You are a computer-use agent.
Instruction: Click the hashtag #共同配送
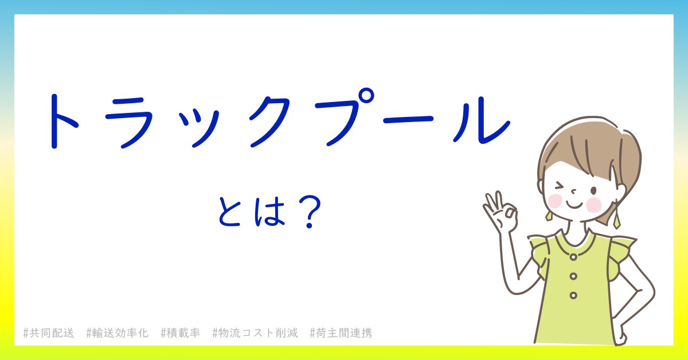[49, 333]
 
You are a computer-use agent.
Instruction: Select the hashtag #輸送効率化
[118, 333]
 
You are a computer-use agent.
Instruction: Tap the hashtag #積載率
[180, 333]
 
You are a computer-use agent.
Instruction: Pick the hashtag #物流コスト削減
[255, 333]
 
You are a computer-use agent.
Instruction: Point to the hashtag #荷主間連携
[341, 333]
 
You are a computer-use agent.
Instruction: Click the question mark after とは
[310, 212]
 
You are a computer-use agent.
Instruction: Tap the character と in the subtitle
[229, 212]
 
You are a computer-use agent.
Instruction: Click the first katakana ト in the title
[63, 122]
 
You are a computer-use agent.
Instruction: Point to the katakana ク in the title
[269, 122]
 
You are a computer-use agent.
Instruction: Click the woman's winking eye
[560, 186]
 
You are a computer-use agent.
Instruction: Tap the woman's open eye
[593, 191]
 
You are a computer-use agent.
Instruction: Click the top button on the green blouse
[573, 257]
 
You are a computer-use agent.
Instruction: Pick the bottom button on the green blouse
[573, 295]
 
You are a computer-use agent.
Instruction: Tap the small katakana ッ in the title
[199, 128]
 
